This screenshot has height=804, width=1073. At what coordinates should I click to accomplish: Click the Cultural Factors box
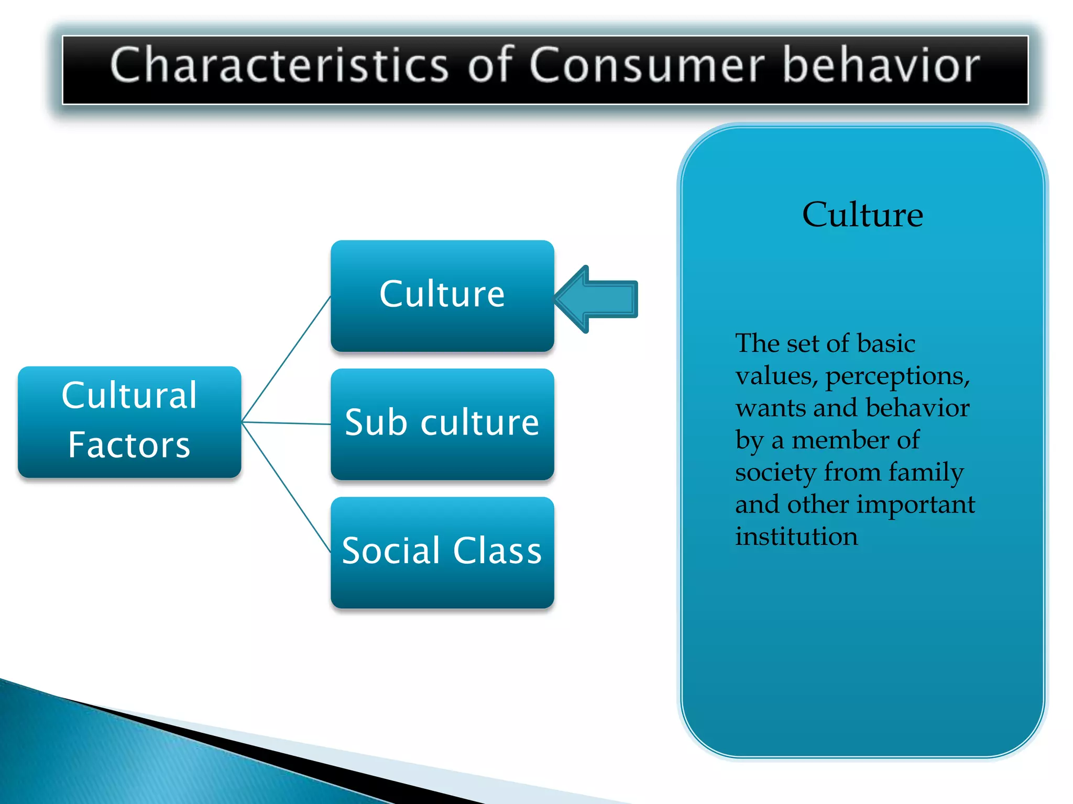(x=129, y=421)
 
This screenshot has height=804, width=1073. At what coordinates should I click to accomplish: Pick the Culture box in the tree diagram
(x=442, y=295)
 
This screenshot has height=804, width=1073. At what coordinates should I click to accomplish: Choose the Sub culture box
(x=442, y=423)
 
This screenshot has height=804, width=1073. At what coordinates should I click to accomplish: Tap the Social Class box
(x=442, y=552)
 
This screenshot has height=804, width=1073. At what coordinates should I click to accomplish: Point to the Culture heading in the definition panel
(x=862, y=215)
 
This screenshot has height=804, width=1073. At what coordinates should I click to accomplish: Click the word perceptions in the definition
(x=897, y=376)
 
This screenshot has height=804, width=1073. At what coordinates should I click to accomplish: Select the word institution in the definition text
(x=796, y=537)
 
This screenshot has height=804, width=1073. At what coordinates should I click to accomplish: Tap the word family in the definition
(x=926, y=472)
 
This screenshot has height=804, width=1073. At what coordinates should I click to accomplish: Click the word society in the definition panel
(x=775, y=472)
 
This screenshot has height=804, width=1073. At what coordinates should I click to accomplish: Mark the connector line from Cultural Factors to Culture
(x=286, y=359)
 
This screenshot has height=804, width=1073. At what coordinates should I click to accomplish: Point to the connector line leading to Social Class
(x=286, y=487)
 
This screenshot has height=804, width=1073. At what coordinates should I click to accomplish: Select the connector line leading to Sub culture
(x=286, y=422)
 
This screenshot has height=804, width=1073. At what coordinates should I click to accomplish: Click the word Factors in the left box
(x=129, y=445)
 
